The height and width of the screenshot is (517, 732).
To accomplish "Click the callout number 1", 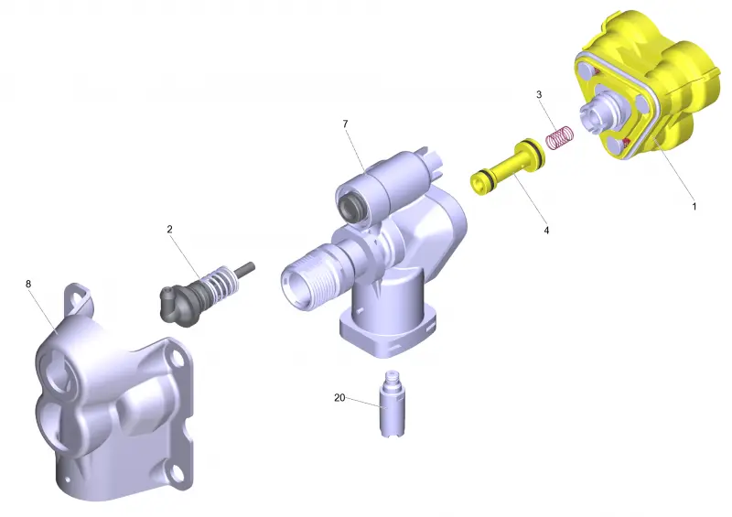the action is (x=694, y=206).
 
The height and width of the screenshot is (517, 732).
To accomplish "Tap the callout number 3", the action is (x=539, y=95).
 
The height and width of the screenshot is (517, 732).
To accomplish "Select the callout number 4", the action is (x=546, y=231).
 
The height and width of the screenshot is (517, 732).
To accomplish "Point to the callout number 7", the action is (x=346, y=124).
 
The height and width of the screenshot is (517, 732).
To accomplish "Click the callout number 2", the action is (x=169, y=230).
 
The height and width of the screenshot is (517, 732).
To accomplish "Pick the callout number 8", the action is (x=28, y=284).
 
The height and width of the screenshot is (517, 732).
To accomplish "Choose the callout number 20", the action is (x=339, y=398).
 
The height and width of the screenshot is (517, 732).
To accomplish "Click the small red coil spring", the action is (x=560, y=138).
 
